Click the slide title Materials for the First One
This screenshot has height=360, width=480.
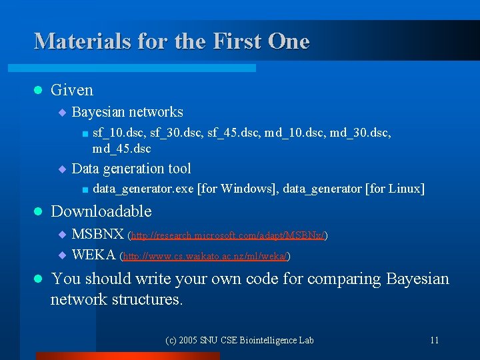point(172,41)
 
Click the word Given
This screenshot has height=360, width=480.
point(72,90)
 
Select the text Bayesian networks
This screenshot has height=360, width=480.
point(127,112)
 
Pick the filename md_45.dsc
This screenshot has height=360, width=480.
point(122,148)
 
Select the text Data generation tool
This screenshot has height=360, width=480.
point(131,169)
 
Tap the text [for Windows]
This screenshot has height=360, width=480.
point(237,189)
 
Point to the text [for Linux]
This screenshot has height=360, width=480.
point(395,189)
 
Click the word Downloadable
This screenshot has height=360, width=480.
point(101,211)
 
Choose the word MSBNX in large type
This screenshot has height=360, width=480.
point(97,235)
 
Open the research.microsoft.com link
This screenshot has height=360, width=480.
point(228,235)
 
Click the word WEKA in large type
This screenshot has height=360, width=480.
point(93,255)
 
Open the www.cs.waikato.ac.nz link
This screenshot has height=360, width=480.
point(207,255)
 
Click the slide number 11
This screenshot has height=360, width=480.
point(434,340)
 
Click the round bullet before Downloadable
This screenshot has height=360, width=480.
point(38,211)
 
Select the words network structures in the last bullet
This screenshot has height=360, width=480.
point(116,299)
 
